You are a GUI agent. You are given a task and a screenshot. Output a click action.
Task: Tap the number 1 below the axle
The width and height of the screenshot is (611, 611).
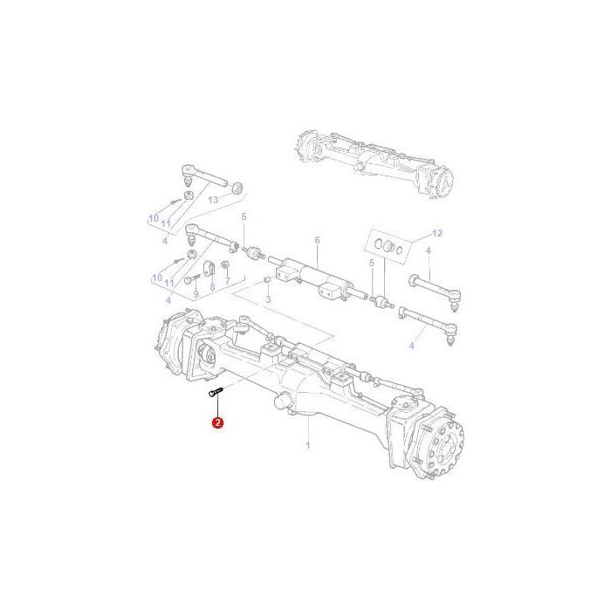308,445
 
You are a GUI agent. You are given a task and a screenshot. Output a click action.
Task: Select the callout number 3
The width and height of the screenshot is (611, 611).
268,299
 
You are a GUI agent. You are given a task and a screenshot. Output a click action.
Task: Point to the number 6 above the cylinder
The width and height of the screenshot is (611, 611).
317,240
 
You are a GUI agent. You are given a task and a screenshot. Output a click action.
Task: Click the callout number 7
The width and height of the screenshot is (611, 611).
227,281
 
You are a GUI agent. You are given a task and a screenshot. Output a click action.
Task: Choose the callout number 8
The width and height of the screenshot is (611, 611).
212,285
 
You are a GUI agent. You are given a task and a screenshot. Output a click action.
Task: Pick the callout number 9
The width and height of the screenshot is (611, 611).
196,294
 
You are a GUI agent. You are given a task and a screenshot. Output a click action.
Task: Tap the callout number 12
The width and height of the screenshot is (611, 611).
438,233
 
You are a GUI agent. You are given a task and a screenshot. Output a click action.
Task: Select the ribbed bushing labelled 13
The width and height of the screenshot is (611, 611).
236,186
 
